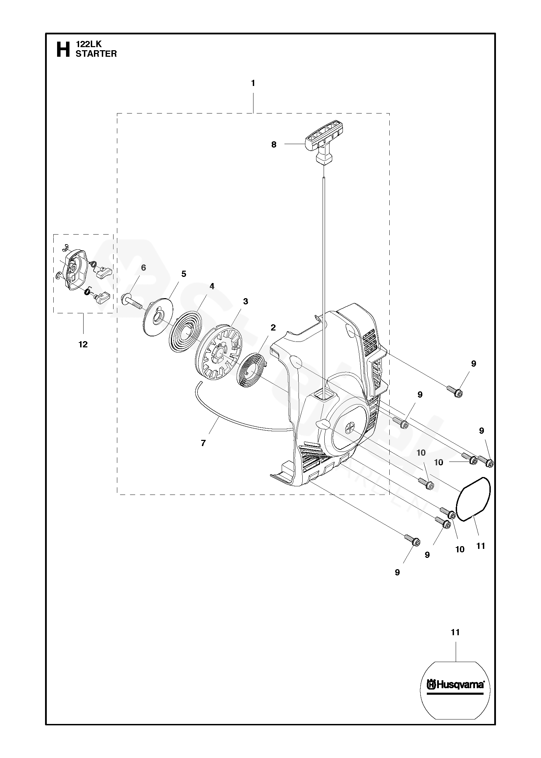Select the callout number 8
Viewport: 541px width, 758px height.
pyautogui.click(x=274, y=145)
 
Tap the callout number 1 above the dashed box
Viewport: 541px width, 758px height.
pyautogui.click(x=253, y=83)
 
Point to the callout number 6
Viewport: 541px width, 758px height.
pyautogui.click(x=143, y=268)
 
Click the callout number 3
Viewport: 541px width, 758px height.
pyautogui.click(x=245, y=301)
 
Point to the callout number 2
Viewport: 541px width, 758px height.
pyautogui.click(x=273, y=327)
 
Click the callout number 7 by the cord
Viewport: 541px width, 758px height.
pyautogui.click(x=203, y=443)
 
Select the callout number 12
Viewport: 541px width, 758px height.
pyautogui.click(x=83, y=344)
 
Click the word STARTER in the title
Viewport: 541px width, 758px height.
pyautogui.click(x=96, y=54)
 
